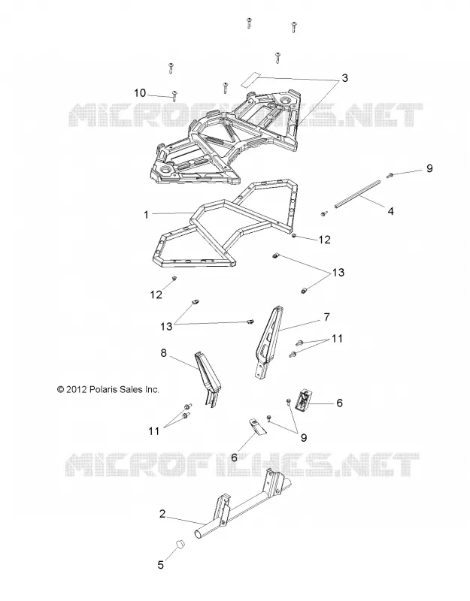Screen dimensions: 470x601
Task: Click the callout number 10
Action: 140,93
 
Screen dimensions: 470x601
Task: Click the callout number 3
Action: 344,78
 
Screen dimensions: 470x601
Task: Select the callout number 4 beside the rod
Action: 390,211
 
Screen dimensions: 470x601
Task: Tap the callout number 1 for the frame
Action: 146,215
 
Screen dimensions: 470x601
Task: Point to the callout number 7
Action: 326,317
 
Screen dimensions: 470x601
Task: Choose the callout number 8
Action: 164,353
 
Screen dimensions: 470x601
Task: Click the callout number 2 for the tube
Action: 162,514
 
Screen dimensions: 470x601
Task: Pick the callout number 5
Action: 161,565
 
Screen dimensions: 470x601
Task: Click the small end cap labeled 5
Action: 180,543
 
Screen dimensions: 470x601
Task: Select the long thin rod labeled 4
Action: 356,195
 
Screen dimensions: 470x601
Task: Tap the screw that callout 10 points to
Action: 174,95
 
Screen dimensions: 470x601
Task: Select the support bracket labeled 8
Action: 209,379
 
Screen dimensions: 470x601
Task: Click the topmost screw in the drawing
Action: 249,23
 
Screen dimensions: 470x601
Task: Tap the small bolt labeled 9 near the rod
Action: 390,175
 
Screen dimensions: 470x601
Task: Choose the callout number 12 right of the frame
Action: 324,240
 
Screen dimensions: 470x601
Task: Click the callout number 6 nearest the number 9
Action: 339,403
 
